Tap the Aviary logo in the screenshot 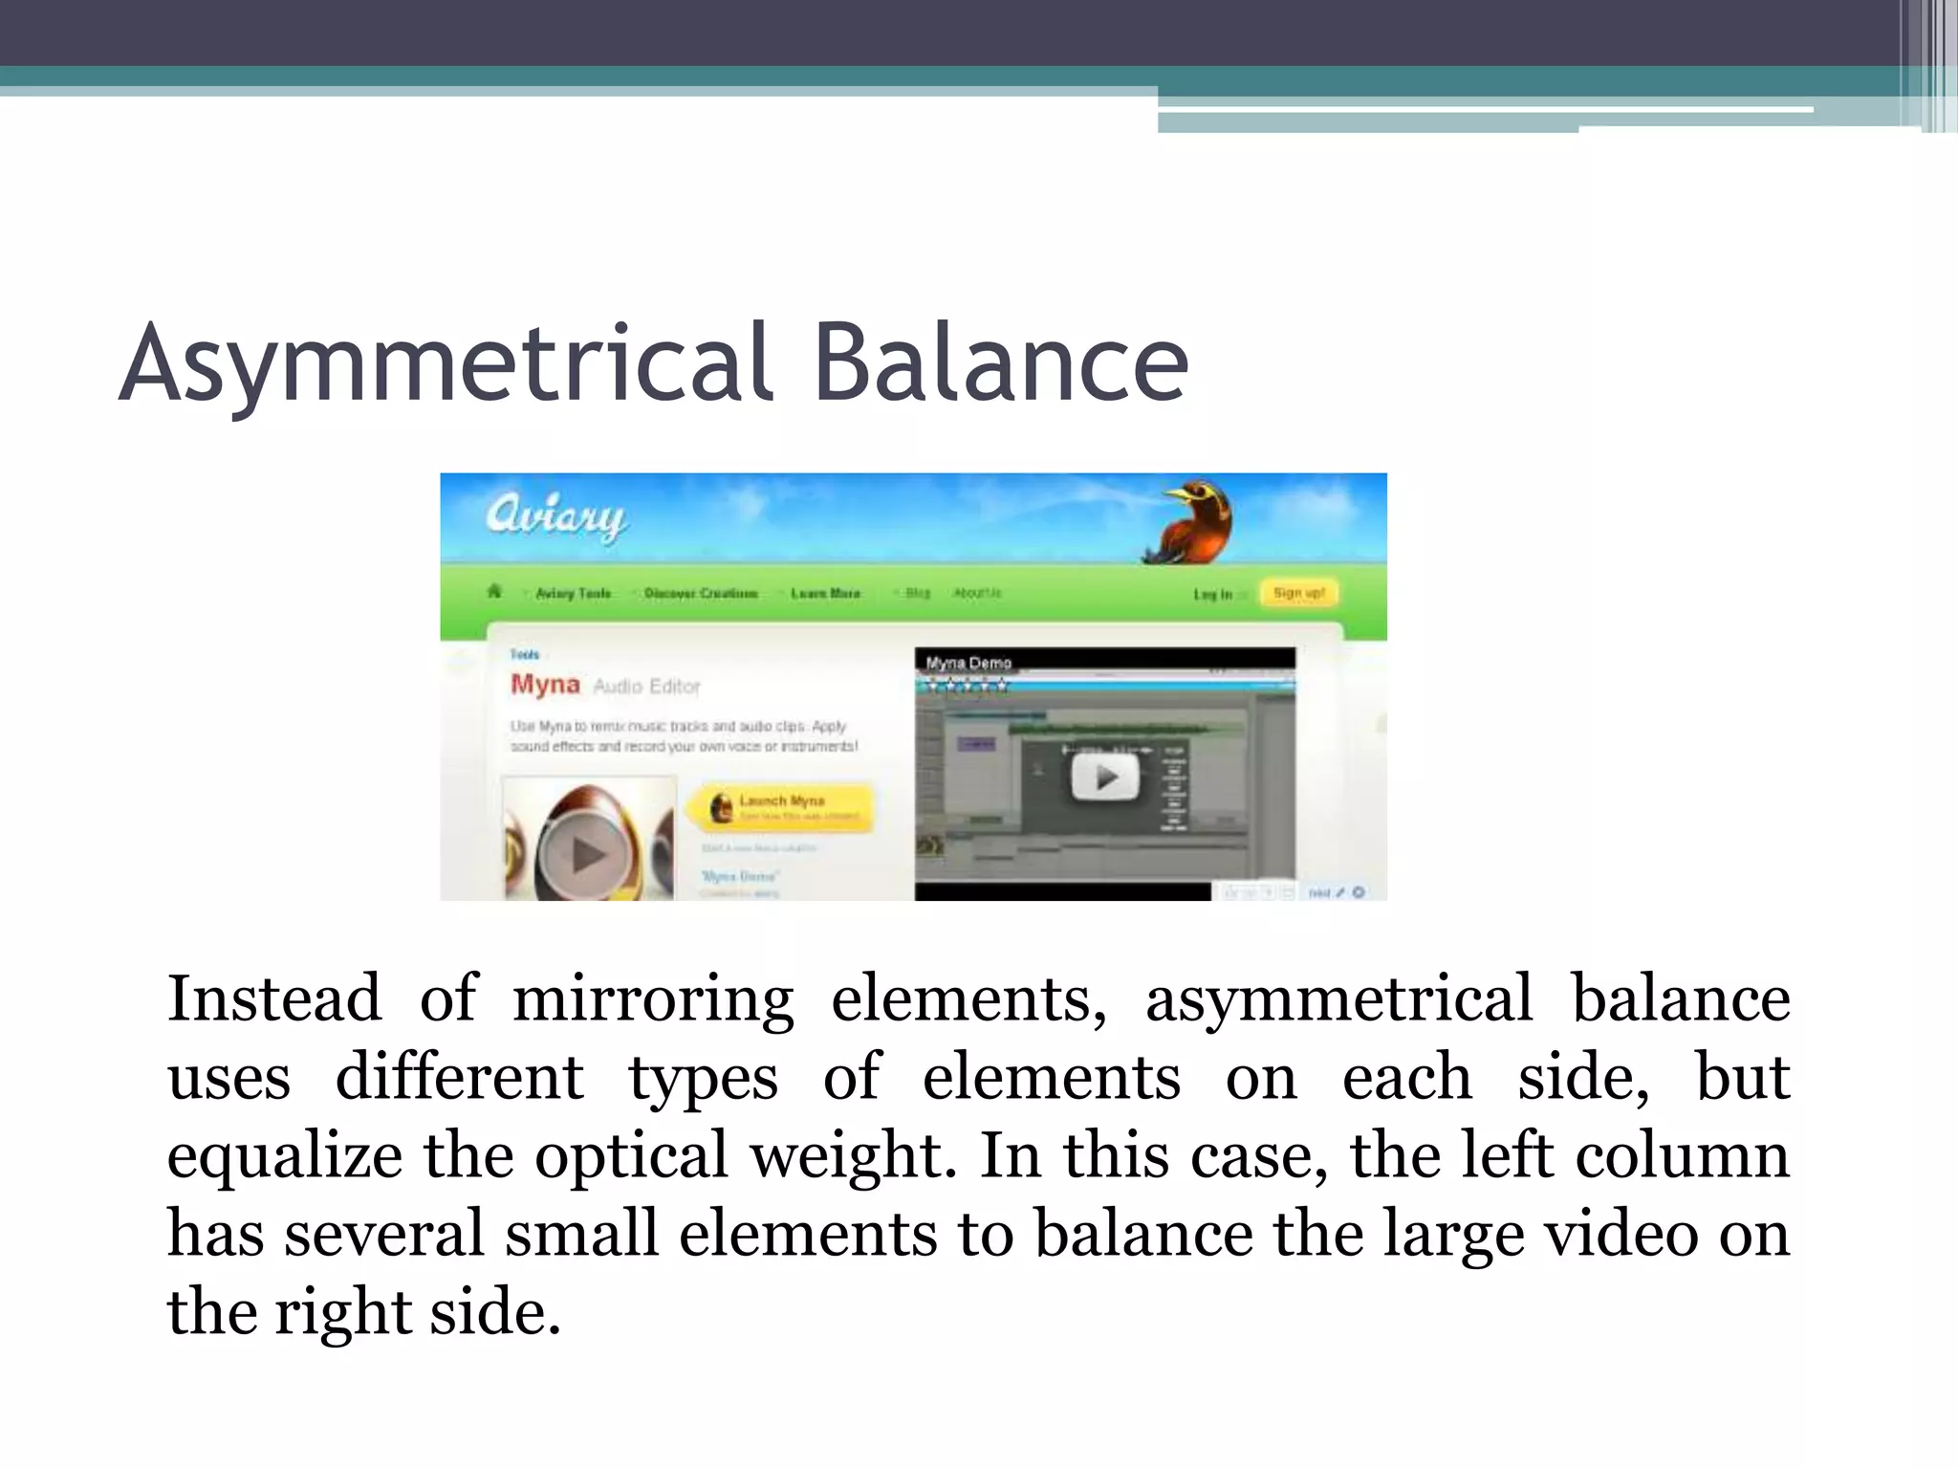pos(555,517)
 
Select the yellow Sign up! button pos(1298,593)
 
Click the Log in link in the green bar pos(1213,594)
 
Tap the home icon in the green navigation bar pos(494,592)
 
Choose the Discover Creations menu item pos(701,594)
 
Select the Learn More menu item pos(825,594)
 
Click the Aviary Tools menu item pos(573,594)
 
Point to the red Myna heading pos(545,684)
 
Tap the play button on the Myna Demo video pos(1104,777)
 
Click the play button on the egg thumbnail pos(586,854)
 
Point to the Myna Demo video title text pos(968,663)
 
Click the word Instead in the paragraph pos(274,998)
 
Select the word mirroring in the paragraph pos(653,998)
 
